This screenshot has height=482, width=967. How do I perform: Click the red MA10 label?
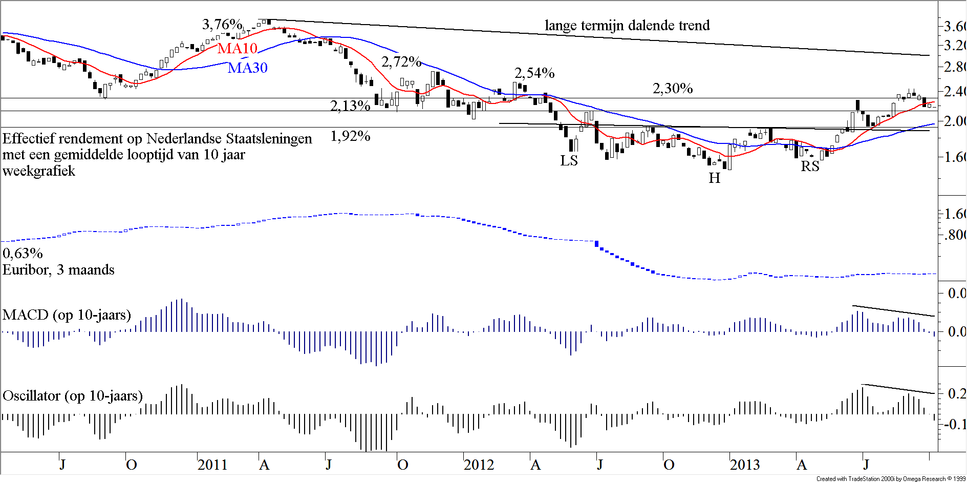pyautogui.click(x=237, y=48)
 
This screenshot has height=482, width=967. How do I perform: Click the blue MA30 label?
pyautogui.click(x=248, y=68)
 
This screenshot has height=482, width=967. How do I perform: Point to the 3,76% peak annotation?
pyautogui.click(x=222, y=24)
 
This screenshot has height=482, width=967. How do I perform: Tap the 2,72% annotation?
pyautogui.click(x=401, y=62)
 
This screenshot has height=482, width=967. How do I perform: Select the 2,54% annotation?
pyautogui.click(x=534, y=73)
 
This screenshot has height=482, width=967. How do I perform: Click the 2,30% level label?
pyautogui.click(x=672, y=89)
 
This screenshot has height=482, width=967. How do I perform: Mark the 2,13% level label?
pyautogui.click(x=350, y=106)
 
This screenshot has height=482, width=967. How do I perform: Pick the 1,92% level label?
pyautogui.click(x=350, y=136)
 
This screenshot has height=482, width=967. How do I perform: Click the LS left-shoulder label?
pyautogui.click(x=569, y=161)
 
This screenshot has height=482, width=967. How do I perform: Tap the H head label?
pyautogui.click(x=714, y=178)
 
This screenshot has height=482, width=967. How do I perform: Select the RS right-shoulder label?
pyautogui.click(x=810, y=166)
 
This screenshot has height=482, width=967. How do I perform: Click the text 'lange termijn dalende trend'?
pyautogui.click(x=627, y=25)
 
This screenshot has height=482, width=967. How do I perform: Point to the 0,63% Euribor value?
pyautogui.click(x=23, y=253)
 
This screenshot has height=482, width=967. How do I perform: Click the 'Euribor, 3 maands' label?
pyautogui.click(x=58, y=270)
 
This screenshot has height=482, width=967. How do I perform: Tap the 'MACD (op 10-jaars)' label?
pyautogui.click(x=67, y=315)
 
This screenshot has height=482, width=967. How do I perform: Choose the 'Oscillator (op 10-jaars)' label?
pyautogui.click(x=73, y=396)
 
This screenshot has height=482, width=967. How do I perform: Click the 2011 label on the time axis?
pyautogui.click(x=212, y=465)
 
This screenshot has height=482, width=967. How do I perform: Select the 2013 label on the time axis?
pyautogui.click(x=744, y=465)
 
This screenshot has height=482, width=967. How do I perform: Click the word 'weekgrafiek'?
pyautogui.click(x=39, y=171)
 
